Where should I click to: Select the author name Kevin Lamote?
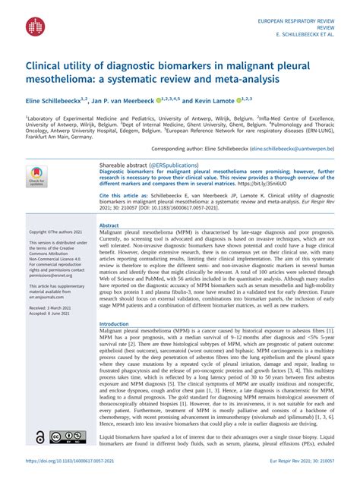[213, 100]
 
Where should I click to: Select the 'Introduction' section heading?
[115, 324]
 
